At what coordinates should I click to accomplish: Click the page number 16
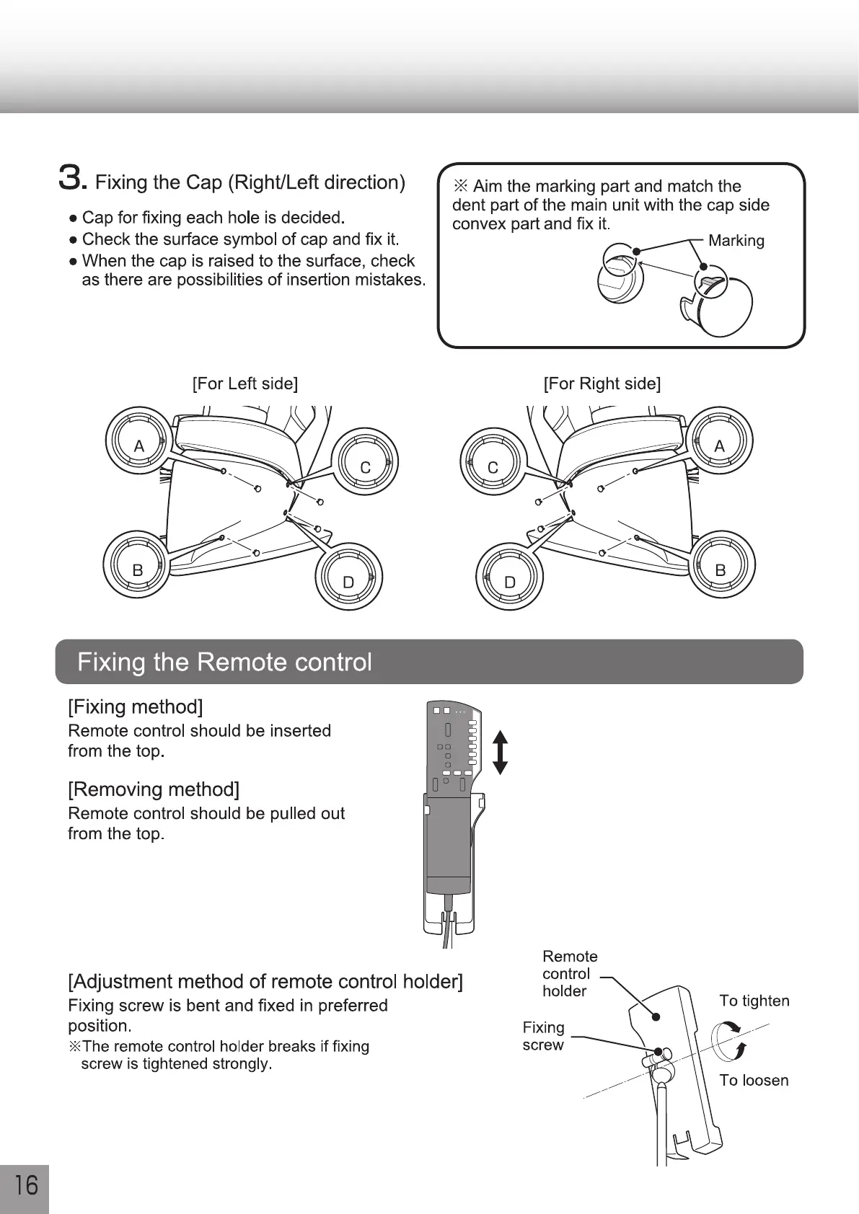click(x=26, y=1186)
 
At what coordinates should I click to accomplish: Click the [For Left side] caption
click(x=245, y=384)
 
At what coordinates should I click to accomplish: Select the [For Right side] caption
click(x=602, y=384)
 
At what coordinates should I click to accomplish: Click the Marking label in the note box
click(x=736, y=241)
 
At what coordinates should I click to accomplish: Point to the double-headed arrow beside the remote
click(x=501, y=752)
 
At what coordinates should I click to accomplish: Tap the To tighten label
click(x=754, y=1001)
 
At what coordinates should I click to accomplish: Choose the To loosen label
click(x=754, y=1080)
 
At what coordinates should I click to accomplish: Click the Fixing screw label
click(x=543, y=1036)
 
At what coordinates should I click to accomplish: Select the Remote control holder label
click(x=569, y=973)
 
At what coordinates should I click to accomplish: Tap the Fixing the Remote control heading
click(x=224, y=662)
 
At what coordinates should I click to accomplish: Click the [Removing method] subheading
click(x=153, y=789)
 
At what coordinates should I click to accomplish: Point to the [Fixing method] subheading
click(x=135, y=706)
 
